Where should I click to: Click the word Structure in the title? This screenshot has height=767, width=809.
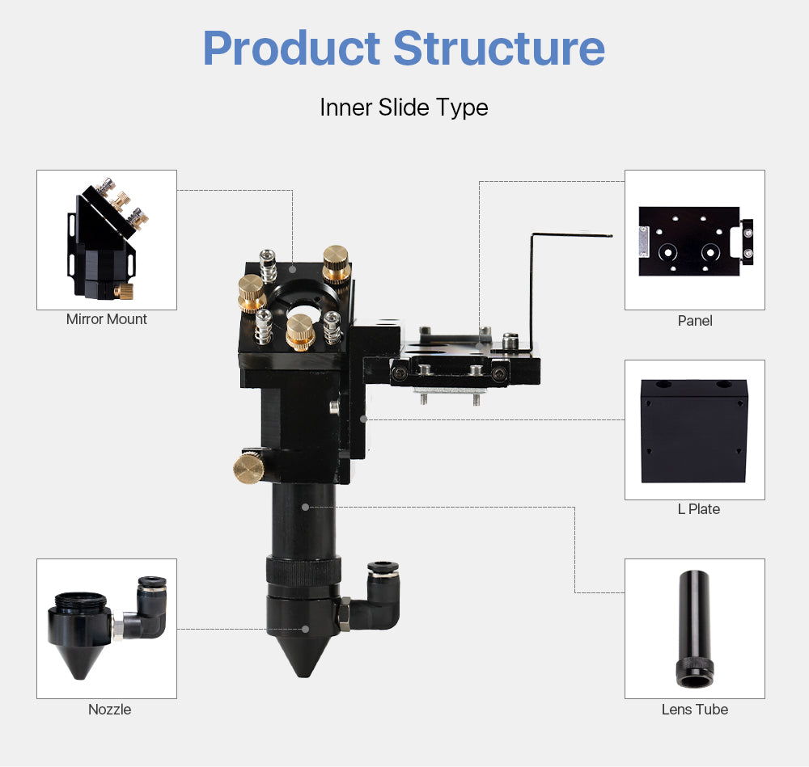click(x=499, y=48)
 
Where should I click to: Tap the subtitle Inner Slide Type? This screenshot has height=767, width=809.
click(x=404, y=107)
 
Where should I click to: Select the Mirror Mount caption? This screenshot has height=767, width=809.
click(x=107, y=319)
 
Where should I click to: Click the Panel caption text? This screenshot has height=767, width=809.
click(x=695, y=321)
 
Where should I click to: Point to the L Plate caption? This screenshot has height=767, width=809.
click(x=698, y=509)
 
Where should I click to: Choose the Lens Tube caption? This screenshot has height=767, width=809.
click(x=694, y=710)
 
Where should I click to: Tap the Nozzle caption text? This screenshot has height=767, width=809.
click(x=109, y=710)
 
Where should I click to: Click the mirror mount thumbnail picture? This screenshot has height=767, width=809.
click(x=106, y=240)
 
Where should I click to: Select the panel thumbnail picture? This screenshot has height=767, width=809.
click(x=694, y=241)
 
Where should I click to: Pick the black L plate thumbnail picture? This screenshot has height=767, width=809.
click(x=694, y=430)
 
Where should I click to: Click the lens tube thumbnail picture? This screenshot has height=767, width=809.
click(x=694, y=629)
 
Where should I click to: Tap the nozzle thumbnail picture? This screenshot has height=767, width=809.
click(x=106, y=629)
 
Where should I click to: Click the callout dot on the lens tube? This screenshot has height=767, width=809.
click(x=305, y=507)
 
